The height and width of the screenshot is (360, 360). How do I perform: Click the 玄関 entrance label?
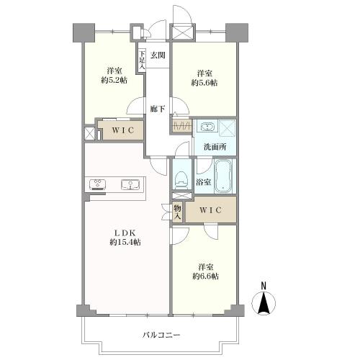tap(158, 55)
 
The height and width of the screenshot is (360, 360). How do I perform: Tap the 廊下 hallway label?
tap(158, 109)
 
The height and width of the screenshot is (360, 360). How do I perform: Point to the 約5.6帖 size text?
tap(204, 83)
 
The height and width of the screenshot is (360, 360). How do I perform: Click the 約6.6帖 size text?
tap(205, 276)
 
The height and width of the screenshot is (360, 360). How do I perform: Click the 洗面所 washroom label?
tap(214, 146)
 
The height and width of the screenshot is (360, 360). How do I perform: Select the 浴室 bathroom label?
tap(204, 183)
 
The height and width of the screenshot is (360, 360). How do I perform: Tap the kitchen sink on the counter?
tap(130, 184)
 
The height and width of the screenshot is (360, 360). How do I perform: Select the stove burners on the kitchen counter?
tap(98, 184)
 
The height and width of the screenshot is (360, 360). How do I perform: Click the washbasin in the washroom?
tap(206, 127)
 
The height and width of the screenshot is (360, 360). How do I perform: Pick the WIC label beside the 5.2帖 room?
tap(119, 132)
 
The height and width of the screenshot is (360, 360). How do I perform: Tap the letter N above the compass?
tap(264, 285)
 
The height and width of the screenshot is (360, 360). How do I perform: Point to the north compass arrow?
tap(264, 304)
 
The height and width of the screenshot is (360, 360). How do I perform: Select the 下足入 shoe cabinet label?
tap(142, 59)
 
